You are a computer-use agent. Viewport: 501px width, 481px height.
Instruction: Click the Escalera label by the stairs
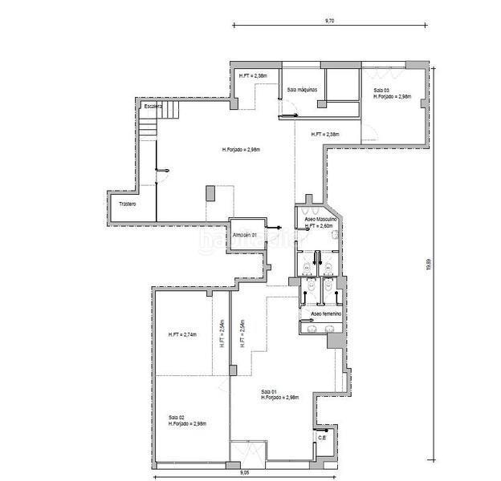click(x=153, y=106)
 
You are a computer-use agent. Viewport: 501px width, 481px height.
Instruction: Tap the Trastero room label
click(x=126, y=204)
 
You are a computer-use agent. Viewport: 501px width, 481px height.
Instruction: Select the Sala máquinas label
click(x=303, y=89)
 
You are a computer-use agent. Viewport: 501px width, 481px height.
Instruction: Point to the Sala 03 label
click(x=382, y=90)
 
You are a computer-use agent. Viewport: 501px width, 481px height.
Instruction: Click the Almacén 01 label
click(x=245, y=235)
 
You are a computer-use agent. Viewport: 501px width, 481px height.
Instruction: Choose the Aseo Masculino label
click(x=320, y=219)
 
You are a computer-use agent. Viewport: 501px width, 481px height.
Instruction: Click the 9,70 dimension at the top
click(x=329, y=18)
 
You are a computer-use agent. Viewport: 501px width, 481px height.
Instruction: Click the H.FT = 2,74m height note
click(x=182, y=334)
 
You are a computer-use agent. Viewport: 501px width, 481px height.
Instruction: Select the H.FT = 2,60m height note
click(x=319, y=226)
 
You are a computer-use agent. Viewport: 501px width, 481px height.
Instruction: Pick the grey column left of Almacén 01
click(x=210, y=194)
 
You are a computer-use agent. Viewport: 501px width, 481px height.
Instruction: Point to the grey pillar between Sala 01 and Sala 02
click(x=232, y=370)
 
